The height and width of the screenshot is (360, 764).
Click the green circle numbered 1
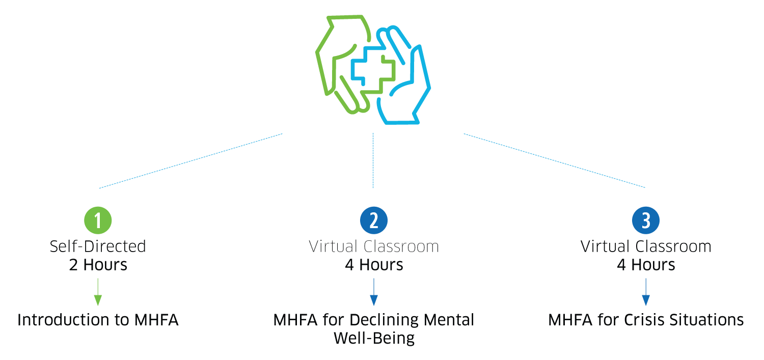tap(98, 220)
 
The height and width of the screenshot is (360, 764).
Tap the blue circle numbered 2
tap(374, 220)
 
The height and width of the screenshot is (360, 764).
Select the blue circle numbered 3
tap(646, 220)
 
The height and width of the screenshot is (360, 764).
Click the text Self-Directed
tap(98, 247)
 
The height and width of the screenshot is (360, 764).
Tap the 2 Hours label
tap(98, 265)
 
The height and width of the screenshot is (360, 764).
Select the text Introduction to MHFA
tap(98, 320)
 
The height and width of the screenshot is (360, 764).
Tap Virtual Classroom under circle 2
tap(374, 247)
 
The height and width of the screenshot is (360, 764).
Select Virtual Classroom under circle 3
tap(646, 247)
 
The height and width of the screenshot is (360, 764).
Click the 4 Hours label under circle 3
tap(646, 265)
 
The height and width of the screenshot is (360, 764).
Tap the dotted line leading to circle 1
tap(190, 161)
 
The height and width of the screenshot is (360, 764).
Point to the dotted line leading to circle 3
tap(554, 161)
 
